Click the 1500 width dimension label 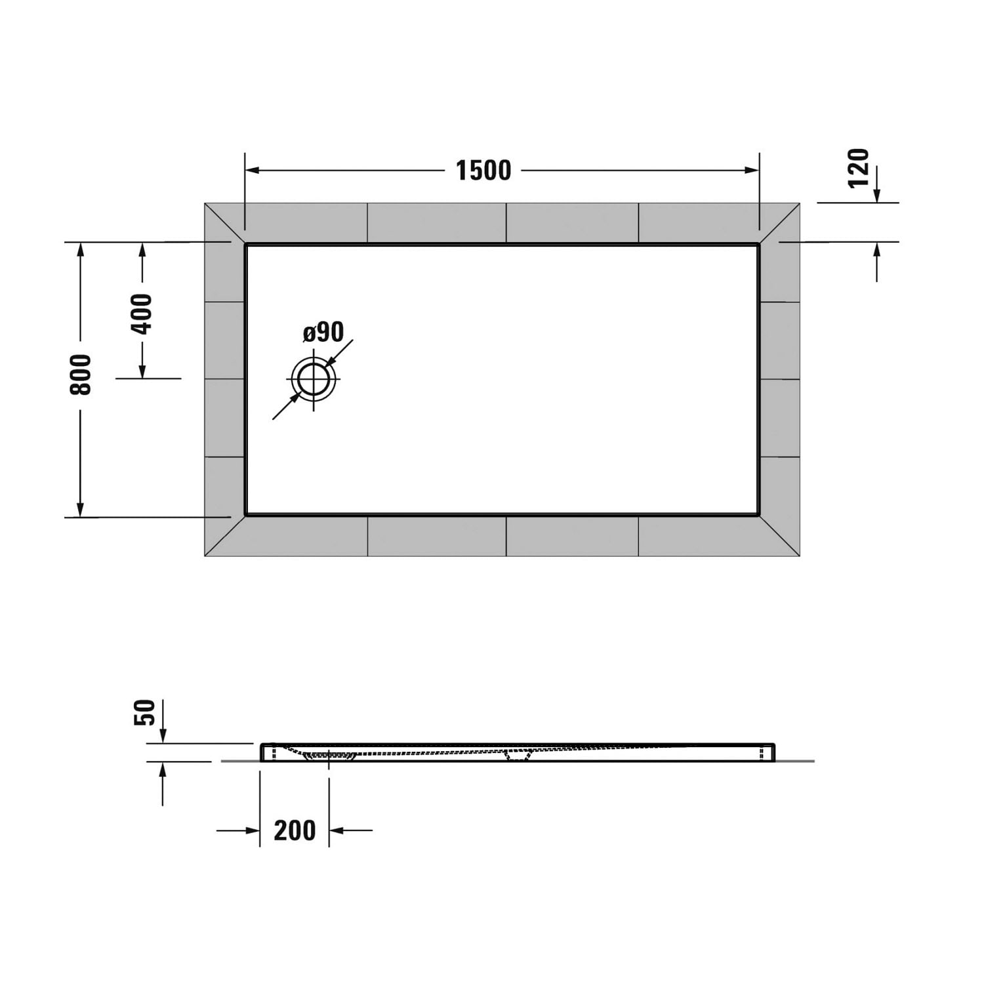click(483, 171)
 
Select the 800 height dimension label click(81, 374)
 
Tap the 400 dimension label click(142, 314)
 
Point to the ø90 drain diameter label click(323, 332)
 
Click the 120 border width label click(858, 168)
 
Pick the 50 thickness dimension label click(144, 712)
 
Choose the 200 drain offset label click(295, 830)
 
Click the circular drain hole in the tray click(314, 379)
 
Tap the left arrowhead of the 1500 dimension click(253, 171)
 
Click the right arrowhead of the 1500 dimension click(751, 171)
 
